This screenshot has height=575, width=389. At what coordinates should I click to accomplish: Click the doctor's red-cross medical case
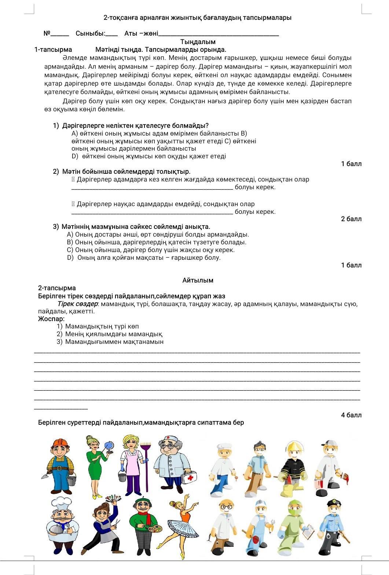pos(189,477)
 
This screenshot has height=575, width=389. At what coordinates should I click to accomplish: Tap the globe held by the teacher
pos(109,446)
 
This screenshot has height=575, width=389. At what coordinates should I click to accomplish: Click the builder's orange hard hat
pos(60,443)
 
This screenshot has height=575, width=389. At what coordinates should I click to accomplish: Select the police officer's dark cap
pos(334,503)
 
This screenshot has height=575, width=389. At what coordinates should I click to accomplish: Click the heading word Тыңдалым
pos(198,42)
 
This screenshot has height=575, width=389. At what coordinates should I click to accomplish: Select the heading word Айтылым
pos(198,280)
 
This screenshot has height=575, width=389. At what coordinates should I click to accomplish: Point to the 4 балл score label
pos(351,415)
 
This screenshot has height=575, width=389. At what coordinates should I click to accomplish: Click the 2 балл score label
pos(351,219)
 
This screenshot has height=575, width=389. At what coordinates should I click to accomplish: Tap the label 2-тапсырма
pos(57,288)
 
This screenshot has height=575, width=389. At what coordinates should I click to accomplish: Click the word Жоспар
pos(51,319)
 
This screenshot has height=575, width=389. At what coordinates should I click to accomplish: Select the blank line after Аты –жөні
pos(219,34)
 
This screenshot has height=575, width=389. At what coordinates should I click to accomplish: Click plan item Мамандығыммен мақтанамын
pos(114,342)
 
